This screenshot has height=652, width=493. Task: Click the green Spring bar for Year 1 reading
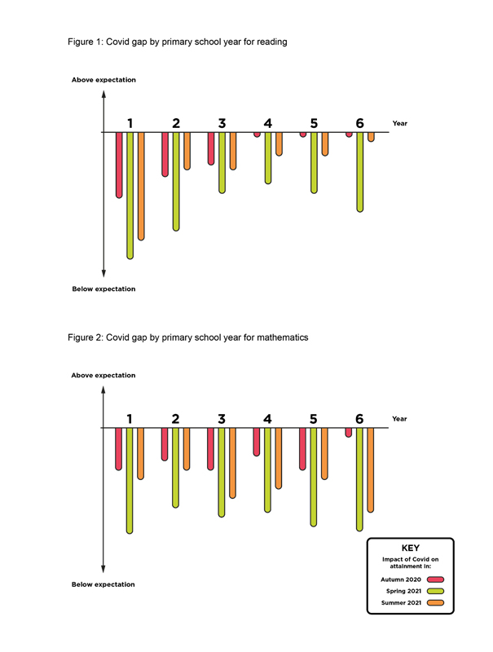tap(130, 196)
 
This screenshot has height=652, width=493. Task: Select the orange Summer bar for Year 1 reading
tap(141, 187)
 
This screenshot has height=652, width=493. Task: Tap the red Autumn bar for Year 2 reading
tap(165, 154)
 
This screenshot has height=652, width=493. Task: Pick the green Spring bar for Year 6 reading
tap(360, 172)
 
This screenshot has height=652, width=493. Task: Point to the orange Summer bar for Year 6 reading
tap(371, 137)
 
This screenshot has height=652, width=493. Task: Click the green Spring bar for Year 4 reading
tap(268, 158)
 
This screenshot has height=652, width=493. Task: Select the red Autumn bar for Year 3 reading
tap(211, 148)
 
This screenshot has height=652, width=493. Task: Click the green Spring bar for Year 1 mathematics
tap(130, 481)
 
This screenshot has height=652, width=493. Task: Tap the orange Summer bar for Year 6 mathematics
tap(371, 470)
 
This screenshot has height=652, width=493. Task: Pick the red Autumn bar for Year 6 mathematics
tap(348, 433)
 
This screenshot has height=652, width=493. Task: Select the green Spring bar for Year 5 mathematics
tap(314, 478)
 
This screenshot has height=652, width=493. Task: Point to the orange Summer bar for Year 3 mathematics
tap(232, 463)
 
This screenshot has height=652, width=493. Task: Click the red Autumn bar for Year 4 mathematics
tap(257, 442)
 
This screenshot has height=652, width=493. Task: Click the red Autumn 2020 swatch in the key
tap(436, 579)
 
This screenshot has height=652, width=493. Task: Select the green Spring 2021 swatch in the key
tap(436, 592)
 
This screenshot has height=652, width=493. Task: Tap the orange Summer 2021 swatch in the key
tap(436, 603)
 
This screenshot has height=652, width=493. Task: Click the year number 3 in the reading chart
tap(222, 123)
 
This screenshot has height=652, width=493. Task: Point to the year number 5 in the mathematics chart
tap(314, 419)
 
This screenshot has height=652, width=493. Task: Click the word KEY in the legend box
tap(410, 548)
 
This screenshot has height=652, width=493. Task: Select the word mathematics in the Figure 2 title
tap(283, 337)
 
